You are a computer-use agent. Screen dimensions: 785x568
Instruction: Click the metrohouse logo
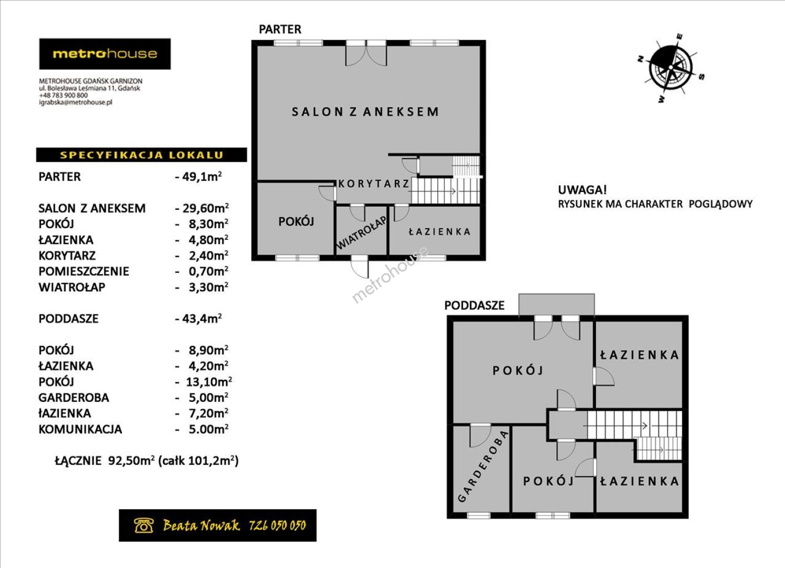(x=105, y=54)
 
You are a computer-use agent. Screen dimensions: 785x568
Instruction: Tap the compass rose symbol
(x=670, y=68)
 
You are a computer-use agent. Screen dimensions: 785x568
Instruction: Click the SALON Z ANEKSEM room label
(x=365, y=112)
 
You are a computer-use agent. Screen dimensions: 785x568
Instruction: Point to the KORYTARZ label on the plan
(x=374, y=184)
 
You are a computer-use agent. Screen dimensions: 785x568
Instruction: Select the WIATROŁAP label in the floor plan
(x=361, y=232)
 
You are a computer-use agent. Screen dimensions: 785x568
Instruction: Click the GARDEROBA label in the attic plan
(x=482, y=466)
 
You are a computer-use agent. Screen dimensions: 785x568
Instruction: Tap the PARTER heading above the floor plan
(x=280, y=29)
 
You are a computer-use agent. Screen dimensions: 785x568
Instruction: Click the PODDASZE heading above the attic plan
(x=474, y=305)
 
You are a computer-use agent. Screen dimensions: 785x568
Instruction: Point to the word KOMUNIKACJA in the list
(x=80, y=429)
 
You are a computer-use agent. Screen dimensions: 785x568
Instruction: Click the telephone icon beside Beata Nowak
(x=144, y=525)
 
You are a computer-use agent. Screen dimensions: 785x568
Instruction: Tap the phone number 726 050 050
(x=277, y=525)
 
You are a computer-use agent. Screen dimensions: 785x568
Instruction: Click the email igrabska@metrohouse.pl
(x=75, y=103)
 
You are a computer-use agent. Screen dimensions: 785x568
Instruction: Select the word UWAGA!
(x=582, y=190)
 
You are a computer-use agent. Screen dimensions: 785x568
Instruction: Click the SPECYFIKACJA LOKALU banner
(x=142, y=155)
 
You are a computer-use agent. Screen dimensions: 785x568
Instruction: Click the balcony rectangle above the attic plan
(x=557, y=305)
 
